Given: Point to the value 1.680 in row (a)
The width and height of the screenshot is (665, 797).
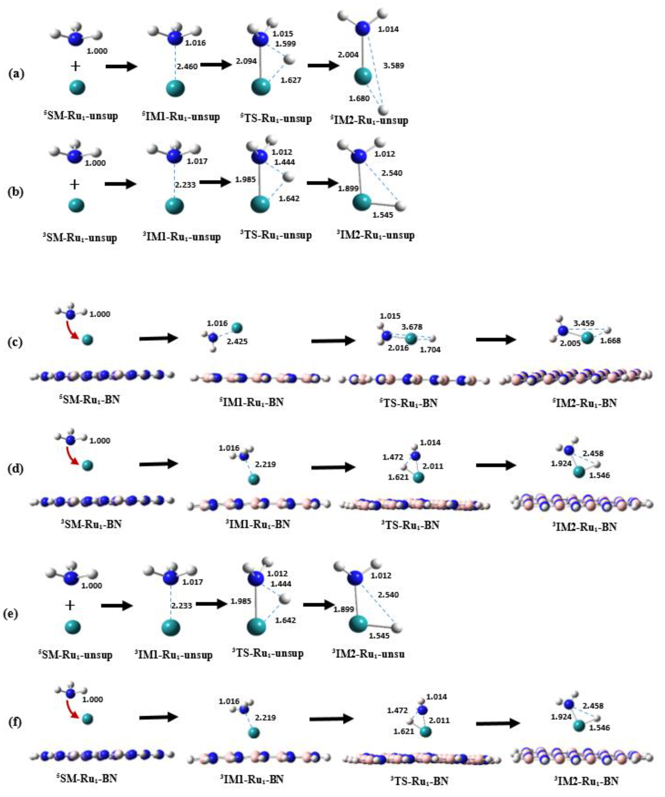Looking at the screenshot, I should pyautogui.click(x=359, y=99).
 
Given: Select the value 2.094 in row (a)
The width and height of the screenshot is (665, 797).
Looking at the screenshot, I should pyautogui.click(x=246, y=61).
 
